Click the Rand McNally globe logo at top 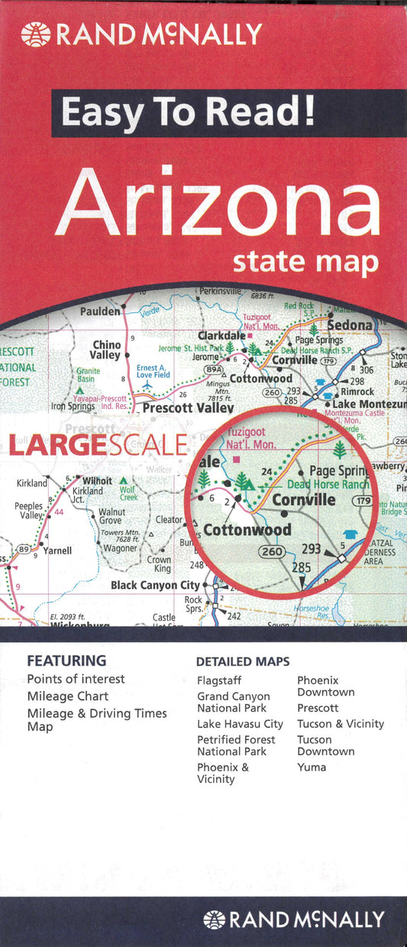(36, 34)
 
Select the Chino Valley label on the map (105, 350)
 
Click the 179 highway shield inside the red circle (362, 501)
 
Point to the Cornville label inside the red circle (303, 501)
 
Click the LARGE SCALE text (97, 445)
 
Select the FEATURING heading (66, 660)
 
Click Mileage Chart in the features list (67, 696)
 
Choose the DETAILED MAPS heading (243, 661)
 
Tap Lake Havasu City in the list (240, 724)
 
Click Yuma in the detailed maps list (312, 767)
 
